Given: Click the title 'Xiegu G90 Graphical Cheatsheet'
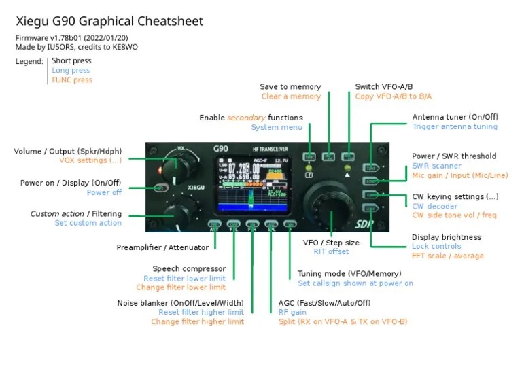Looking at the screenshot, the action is click(x=109, y=22).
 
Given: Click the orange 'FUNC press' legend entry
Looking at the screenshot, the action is click(x=72, y=80).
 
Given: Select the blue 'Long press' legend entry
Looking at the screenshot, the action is click(x=71, y=71).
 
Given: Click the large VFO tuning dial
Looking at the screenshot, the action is click(x=332, y=200).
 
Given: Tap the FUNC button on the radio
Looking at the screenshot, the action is click(x=309, y=156).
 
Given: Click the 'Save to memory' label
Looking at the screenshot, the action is click(x=290, y=87).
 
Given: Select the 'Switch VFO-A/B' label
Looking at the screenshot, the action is click(x=383, y=87).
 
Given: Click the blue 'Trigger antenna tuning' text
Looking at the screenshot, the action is click(x=455, y=127).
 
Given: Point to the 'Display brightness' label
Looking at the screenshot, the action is click(x=446, y=237).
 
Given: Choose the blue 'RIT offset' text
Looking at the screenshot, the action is click(x=331, y=252).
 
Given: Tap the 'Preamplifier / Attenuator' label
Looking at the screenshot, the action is click(x=162, y=248).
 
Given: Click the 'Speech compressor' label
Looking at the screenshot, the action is click(x=189, y=269).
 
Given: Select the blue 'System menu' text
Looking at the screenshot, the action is click(x=277, y=127).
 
